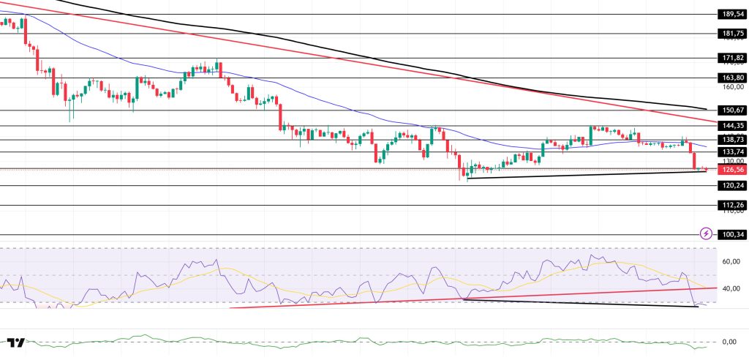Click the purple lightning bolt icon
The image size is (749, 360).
(706, 234)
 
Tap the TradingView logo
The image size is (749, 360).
(16, 342)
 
